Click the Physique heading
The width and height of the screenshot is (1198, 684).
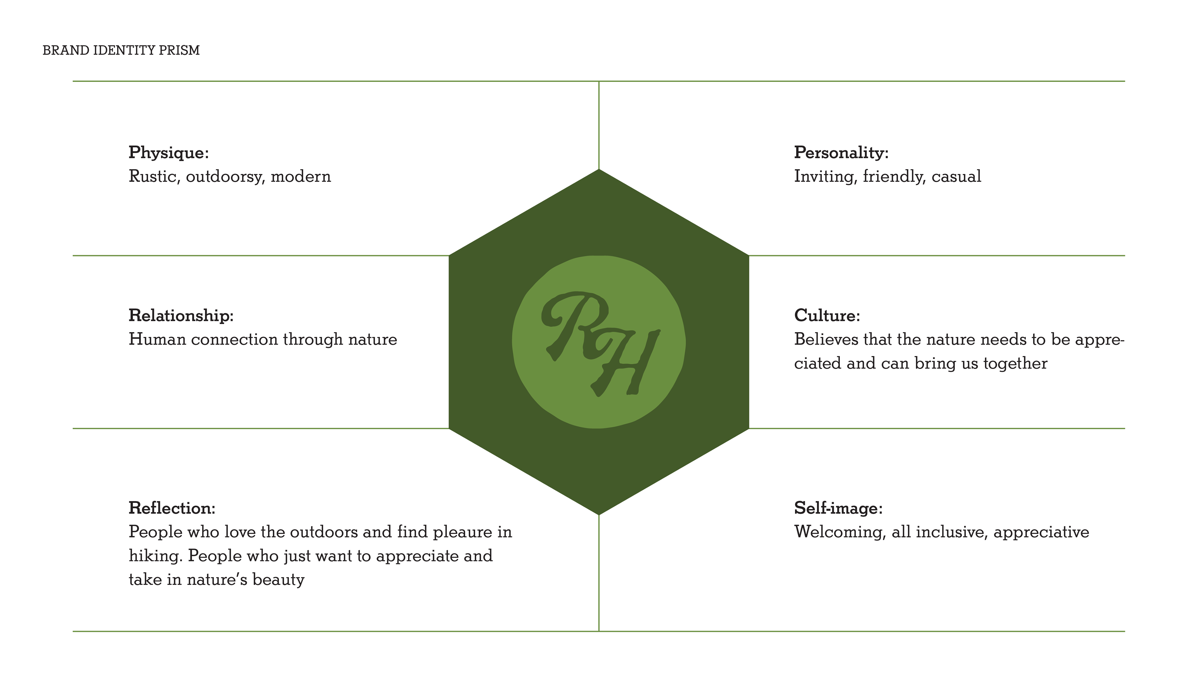(168, 153)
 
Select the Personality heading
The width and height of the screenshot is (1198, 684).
(841, 153)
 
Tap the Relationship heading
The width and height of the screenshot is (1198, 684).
(181, 316)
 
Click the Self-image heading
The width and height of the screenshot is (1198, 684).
(838, 508)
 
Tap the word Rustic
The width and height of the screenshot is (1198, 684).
(154, 177)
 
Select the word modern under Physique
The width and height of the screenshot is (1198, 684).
(301, 177)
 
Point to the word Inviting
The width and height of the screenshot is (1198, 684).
(825, 177)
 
